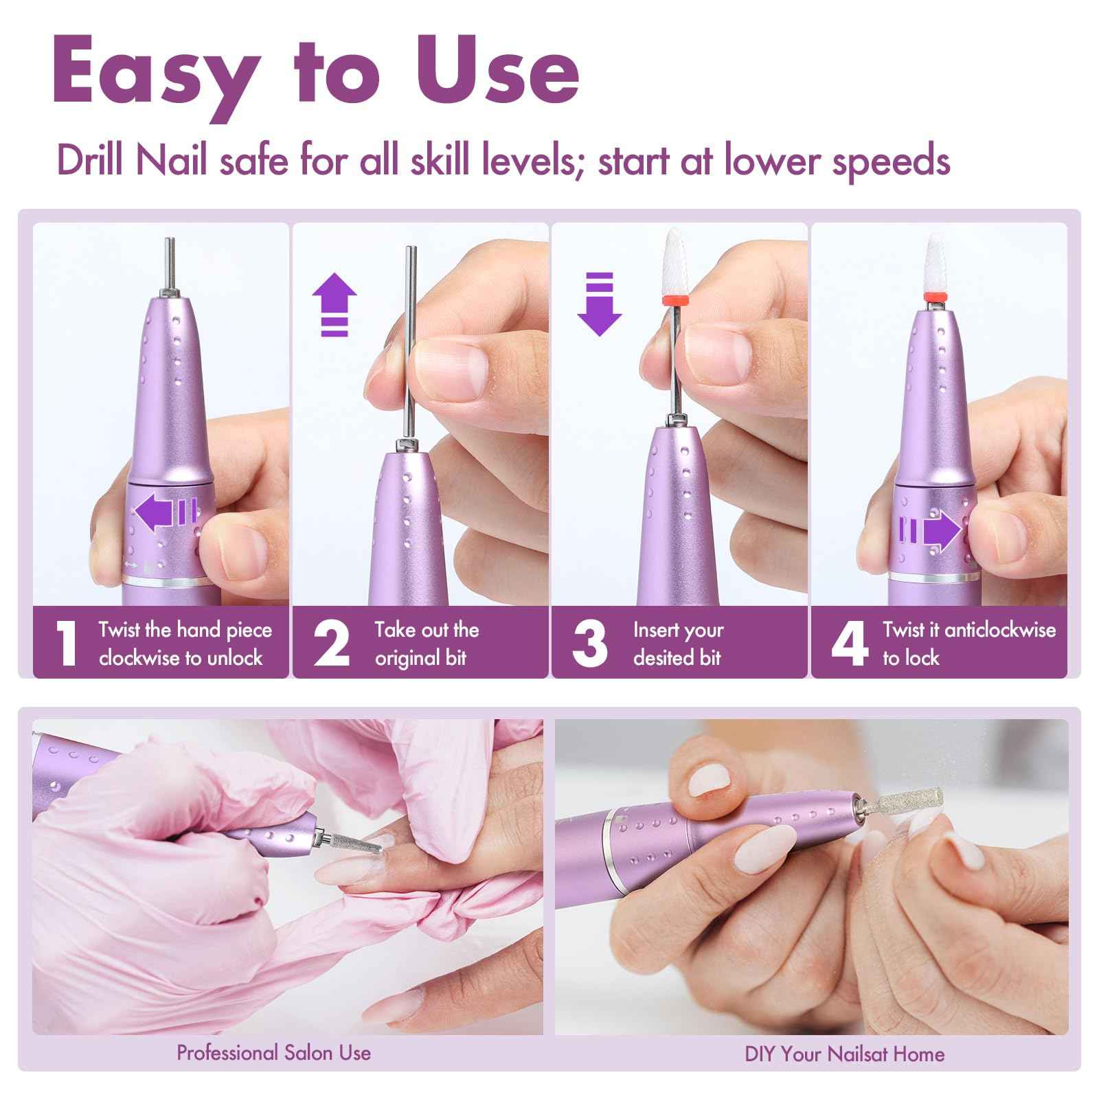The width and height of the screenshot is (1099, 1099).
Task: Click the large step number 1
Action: (66, 644)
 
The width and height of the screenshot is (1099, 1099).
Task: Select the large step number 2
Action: (331, 644)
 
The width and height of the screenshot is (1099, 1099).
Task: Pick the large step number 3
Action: (589, 644)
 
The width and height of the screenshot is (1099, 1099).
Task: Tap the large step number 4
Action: (850, 644)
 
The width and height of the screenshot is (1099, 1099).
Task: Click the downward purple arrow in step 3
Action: (599, 303)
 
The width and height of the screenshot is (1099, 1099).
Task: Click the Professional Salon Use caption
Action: (273, 1053)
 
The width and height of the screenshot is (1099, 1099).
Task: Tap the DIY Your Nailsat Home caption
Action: (844, 1054)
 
